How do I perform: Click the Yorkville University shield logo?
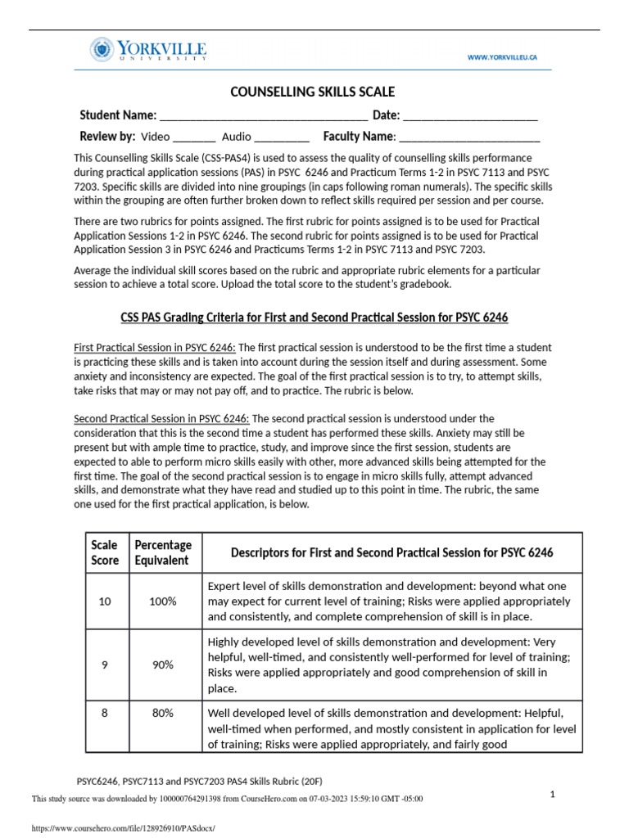[x=103, y=50]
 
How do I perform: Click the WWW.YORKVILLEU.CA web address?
[x=503, y=57]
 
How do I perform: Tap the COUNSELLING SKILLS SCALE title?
[x=314, y=92]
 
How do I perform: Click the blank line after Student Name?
[x=264, y=115]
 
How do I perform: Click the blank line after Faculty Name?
[x=468, y=137]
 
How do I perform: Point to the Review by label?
[x=106, y=136]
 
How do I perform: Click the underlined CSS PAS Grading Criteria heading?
[x=314, y=317]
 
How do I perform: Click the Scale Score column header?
[x=104, y=552]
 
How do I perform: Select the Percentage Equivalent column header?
[x=163, y=552]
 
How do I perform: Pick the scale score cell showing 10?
[x=104, y=601]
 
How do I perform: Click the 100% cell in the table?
[x=163, y=601]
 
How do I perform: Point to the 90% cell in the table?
[x=163, y=665]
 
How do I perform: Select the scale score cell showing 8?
[x=104, y=713]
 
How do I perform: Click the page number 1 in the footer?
[x=553, y=794]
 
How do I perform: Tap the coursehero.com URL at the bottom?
[x=123, y=828]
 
